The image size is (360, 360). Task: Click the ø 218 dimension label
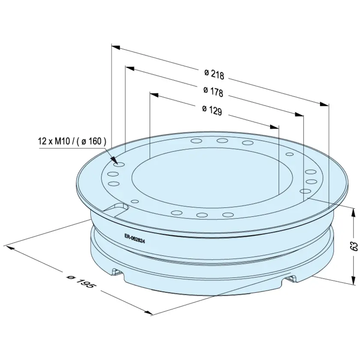pos(214,74)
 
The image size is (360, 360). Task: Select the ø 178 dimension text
pos(213,92)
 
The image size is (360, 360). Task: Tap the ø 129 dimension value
pos(213,110)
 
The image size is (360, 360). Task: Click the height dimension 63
pos(355,246)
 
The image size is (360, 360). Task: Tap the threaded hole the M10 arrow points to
pos(119,164)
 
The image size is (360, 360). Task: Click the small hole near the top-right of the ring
pos(290,154)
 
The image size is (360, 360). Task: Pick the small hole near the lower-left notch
pos(135,201)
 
